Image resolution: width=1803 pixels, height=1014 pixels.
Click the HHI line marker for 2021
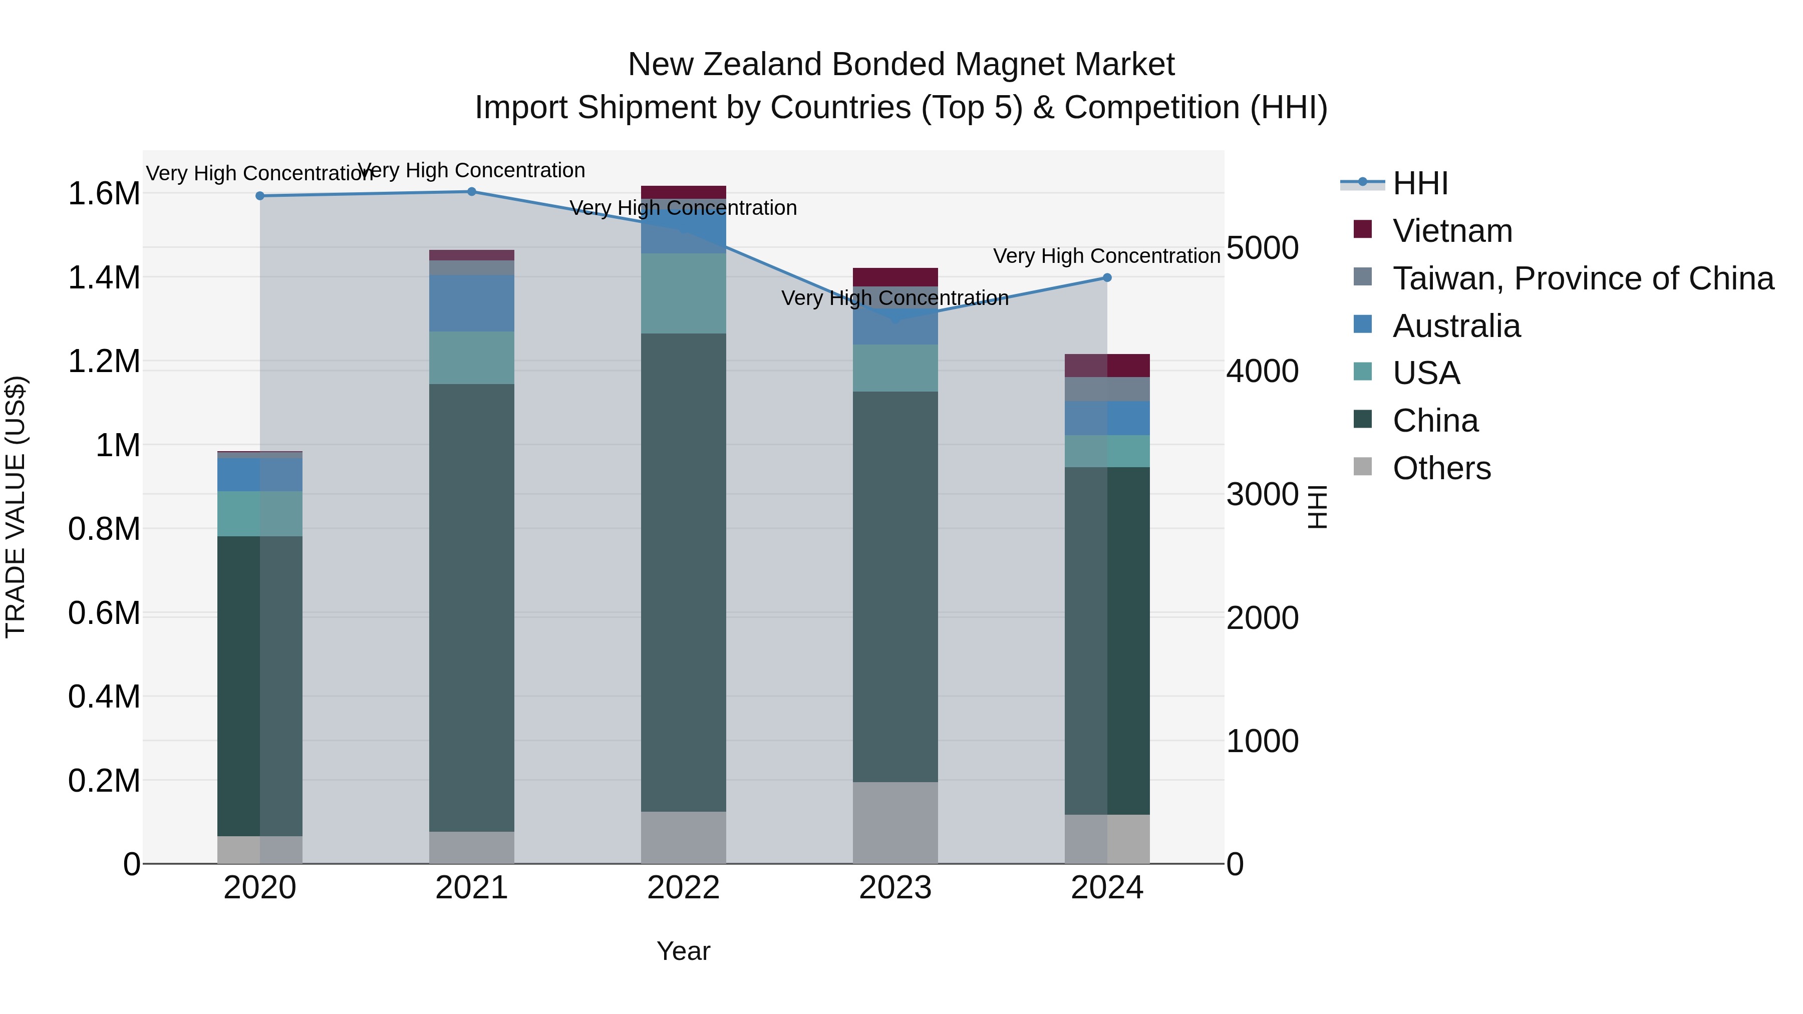471,192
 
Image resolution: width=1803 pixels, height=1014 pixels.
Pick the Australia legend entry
1456,326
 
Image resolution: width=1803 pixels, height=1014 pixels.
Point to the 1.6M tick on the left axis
104,194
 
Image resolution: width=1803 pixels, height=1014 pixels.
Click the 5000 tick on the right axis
1263,248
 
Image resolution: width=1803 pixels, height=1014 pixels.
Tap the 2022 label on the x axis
683,888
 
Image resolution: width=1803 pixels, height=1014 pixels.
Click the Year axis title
683,951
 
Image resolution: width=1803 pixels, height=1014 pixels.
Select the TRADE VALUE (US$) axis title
16,507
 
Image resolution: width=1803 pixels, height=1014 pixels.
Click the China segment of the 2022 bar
683,572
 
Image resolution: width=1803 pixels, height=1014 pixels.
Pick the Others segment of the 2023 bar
894,822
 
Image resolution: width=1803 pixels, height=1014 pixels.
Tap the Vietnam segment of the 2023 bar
894,277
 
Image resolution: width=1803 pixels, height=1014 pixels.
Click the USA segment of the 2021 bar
471,358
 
